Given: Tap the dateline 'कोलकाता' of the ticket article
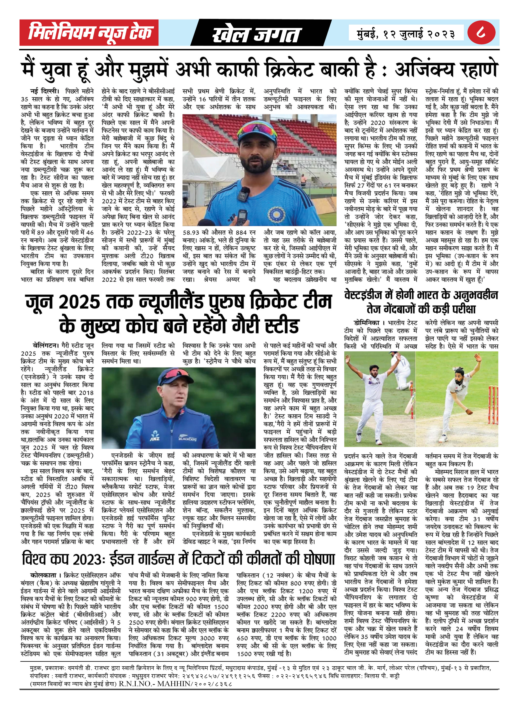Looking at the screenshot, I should (43, 575).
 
